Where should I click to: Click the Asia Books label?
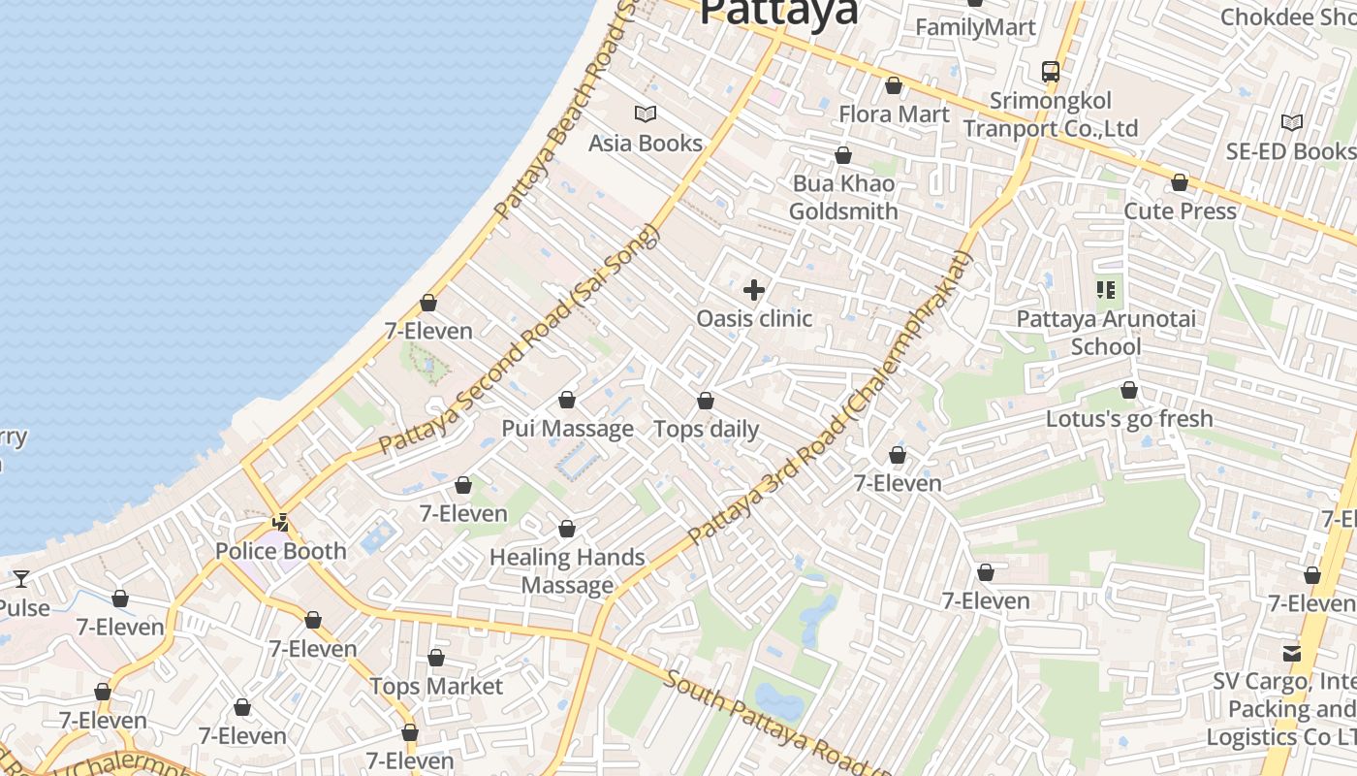[x=646, y=144]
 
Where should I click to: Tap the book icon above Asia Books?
[x=646, y=114]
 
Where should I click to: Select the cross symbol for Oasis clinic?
[x=753, y=290]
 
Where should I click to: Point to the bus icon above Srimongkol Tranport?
[x=1051, y=71]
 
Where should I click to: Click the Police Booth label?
[x=280, y=551]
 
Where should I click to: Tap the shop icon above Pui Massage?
[x=567, y=400]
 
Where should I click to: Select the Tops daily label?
[x=706, y=429]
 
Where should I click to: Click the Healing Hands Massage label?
[x=567, y=571]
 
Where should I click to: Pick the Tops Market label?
[x=436, y=687]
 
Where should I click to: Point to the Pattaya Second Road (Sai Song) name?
[x=520, y=339]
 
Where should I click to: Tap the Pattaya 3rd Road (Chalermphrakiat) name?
[x=830, y=398]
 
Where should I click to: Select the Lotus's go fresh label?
[x=1129, y=419]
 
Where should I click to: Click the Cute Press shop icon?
[x=1180, y=182]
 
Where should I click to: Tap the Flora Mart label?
[x=894, y=114]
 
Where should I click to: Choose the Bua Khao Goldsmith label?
[x=843, y=198]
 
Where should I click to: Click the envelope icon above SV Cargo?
[x=1292, y=653]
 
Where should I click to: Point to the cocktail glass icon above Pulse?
[x=20, y=579]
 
